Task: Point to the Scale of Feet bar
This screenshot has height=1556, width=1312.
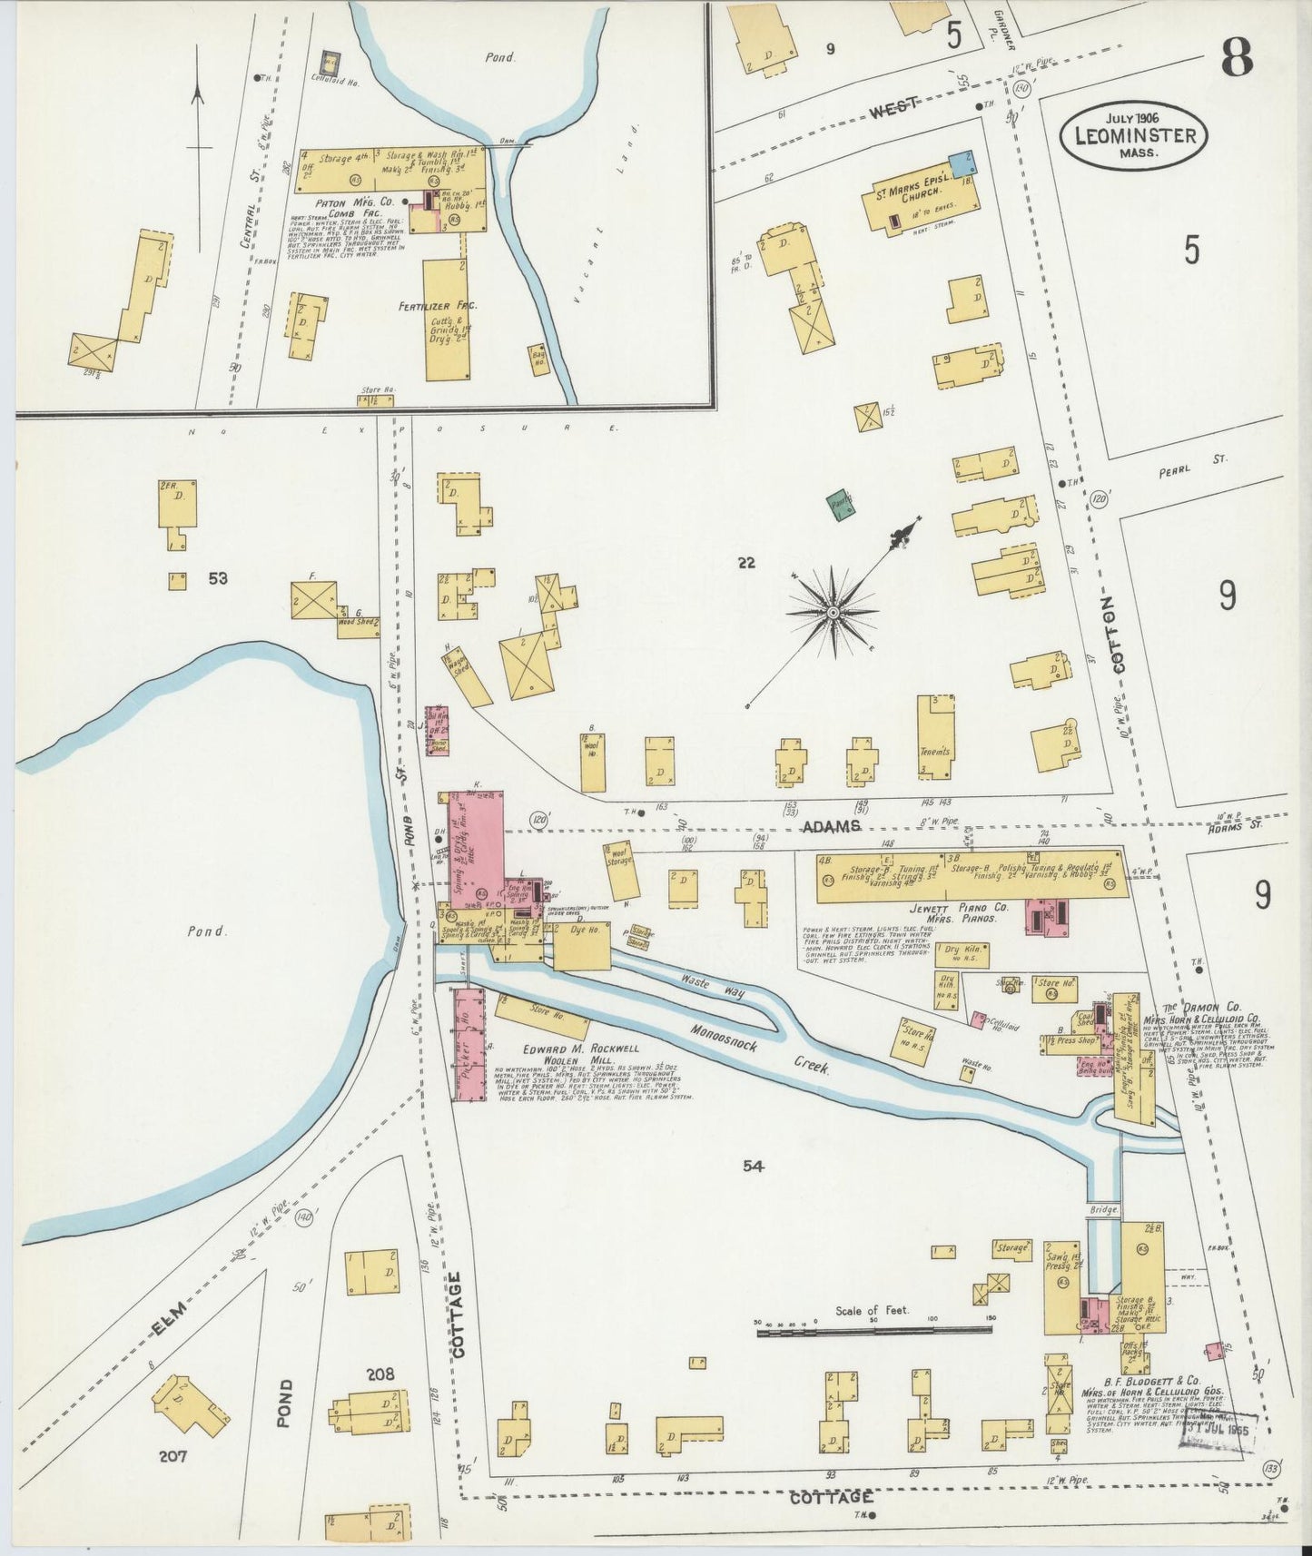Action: coord(873,1329)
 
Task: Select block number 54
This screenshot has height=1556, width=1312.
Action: coord(752,1167)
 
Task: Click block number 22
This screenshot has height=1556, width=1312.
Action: coord(746,563)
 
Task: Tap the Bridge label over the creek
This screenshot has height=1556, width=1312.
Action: coord(1104,1210)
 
